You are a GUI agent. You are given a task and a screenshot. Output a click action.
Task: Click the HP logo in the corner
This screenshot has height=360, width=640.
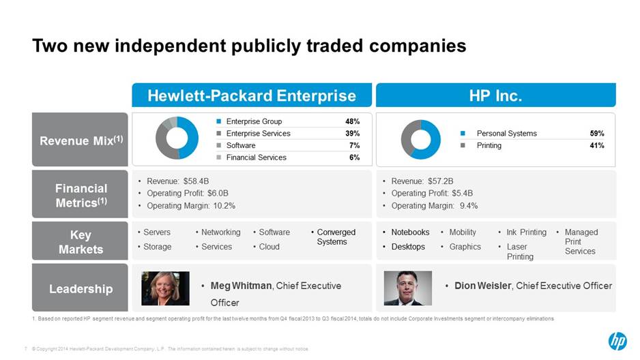(617, 341)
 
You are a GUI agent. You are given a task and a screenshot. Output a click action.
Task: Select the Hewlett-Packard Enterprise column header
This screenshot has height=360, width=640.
(251, 95)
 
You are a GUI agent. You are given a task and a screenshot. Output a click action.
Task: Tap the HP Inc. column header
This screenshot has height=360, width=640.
(495, 95)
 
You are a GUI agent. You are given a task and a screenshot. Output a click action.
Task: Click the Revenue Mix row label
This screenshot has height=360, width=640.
(80, 140)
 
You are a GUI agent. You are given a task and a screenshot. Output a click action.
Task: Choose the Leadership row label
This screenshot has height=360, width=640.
(80, 288)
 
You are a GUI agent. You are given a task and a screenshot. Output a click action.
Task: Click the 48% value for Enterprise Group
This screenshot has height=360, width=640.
(352, 121)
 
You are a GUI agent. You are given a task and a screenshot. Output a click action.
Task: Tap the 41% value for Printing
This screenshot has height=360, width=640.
(597, 145)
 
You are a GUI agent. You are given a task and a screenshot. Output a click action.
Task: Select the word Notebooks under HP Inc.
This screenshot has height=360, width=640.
(410, 232)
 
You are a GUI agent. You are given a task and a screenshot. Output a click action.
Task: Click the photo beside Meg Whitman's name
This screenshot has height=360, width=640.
(165, 288)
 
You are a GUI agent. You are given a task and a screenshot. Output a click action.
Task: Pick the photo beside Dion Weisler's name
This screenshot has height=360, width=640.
(408, 288)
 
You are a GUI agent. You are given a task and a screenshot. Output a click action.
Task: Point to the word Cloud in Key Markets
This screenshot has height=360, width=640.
(269, 247)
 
